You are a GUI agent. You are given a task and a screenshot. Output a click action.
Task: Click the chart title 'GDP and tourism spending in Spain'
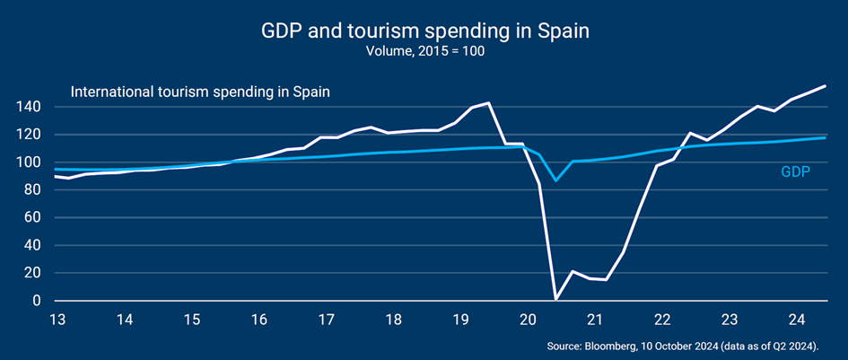point(424,31)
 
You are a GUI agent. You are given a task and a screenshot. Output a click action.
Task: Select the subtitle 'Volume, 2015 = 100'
point(424,51)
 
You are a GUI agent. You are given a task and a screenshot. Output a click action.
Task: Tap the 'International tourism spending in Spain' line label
point(201,92)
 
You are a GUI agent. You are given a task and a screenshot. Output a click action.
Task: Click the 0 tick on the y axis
point(38,301)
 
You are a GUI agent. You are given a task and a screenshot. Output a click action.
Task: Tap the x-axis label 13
point(58,320)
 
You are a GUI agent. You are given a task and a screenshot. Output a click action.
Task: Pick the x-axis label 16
point(259,320)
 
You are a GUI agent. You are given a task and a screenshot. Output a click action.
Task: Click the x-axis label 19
point(460,320)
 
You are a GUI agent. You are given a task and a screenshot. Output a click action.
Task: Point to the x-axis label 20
point(528,320)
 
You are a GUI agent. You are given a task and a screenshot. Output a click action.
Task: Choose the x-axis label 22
point(662,320)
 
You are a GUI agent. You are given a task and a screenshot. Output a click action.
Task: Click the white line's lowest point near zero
point(556,299)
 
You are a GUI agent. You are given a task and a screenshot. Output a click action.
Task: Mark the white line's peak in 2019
point(487,103)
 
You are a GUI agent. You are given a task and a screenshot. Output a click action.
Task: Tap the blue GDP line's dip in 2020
point(556,180)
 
